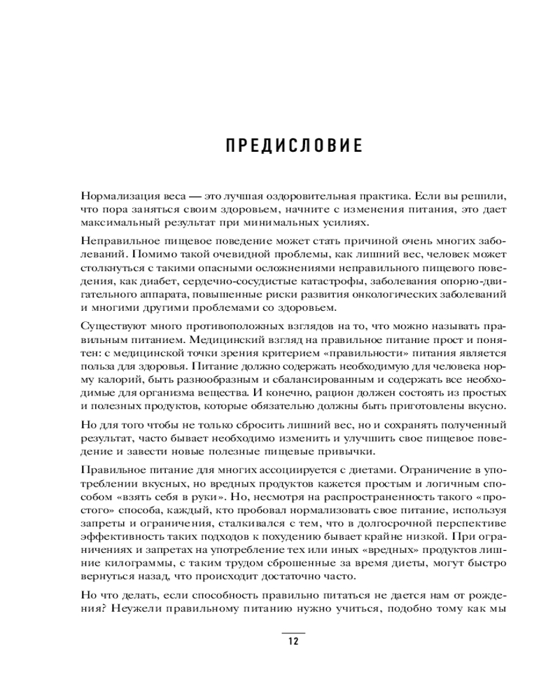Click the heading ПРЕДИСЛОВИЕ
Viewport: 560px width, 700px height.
(294, 146)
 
